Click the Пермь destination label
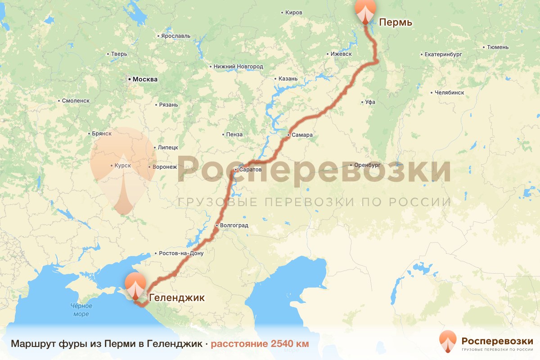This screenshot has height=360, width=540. tap(396, 22)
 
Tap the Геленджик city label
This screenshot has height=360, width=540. tap(176, 297)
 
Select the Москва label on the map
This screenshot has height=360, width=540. tap(145, 80)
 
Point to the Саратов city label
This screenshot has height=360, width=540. tap(250, 170)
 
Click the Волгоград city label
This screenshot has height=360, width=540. tap(234, 225)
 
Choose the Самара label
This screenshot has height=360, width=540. tap(302, 135)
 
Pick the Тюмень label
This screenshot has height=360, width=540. tap(498, 47)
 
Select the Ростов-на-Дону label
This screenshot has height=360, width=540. tap(181, 253)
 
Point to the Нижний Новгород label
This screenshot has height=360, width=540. tap(238, 67)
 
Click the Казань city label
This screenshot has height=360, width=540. tap(288, 79)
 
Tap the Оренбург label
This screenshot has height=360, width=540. tap(368, 165)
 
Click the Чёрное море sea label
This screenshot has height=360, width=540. tap(81, 310)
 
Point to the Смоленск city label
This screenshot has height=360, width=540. tap(76, 101)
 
